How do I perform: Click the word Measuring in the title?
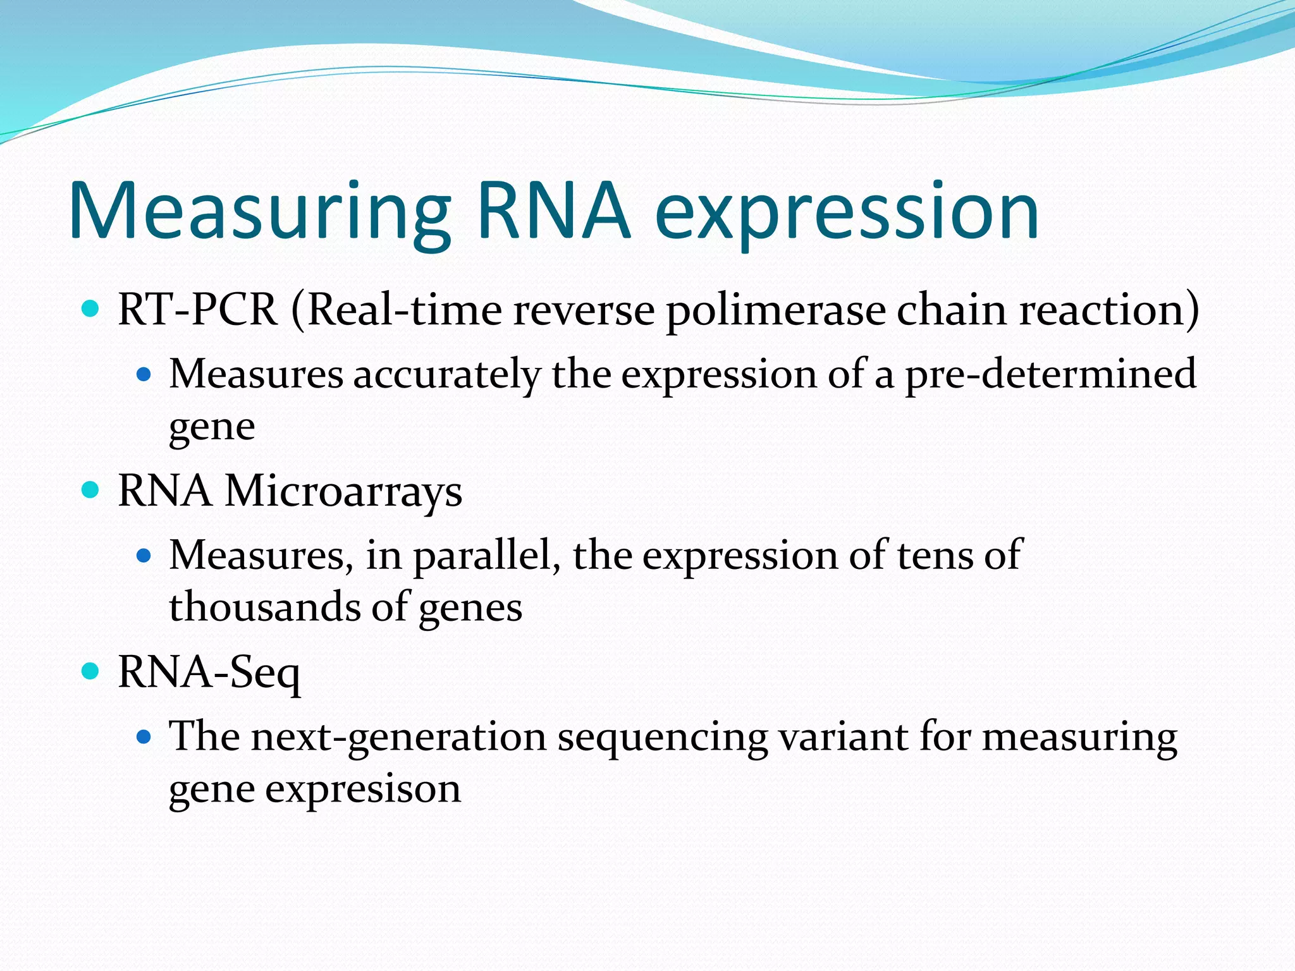coord(259,212)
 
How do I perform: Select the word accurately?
coord(446,374)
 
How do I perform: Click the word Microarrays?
coord(343,491)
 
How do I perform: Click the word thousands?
coord(265,607)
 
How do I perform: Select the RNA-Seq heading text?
coord(209,672)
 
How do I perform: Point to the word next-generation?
coord(399,738)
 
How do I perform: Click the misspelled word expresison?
coord(363,790)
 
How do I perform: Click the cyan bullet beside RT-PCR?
coord(91,308)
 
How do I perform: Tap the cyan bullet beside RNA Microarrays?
coord(91,490)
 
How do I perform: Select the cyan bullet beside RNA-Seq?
coord(91,671)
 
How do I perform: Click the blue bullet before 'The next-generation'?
coord(144,736)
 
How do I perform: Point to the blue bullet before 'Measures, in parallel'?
coord(144,556)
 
